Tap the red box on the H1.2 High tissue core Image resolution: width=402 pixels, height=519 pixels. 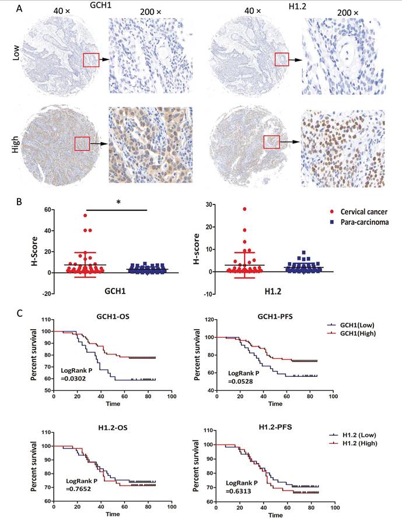click(272, 141)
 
